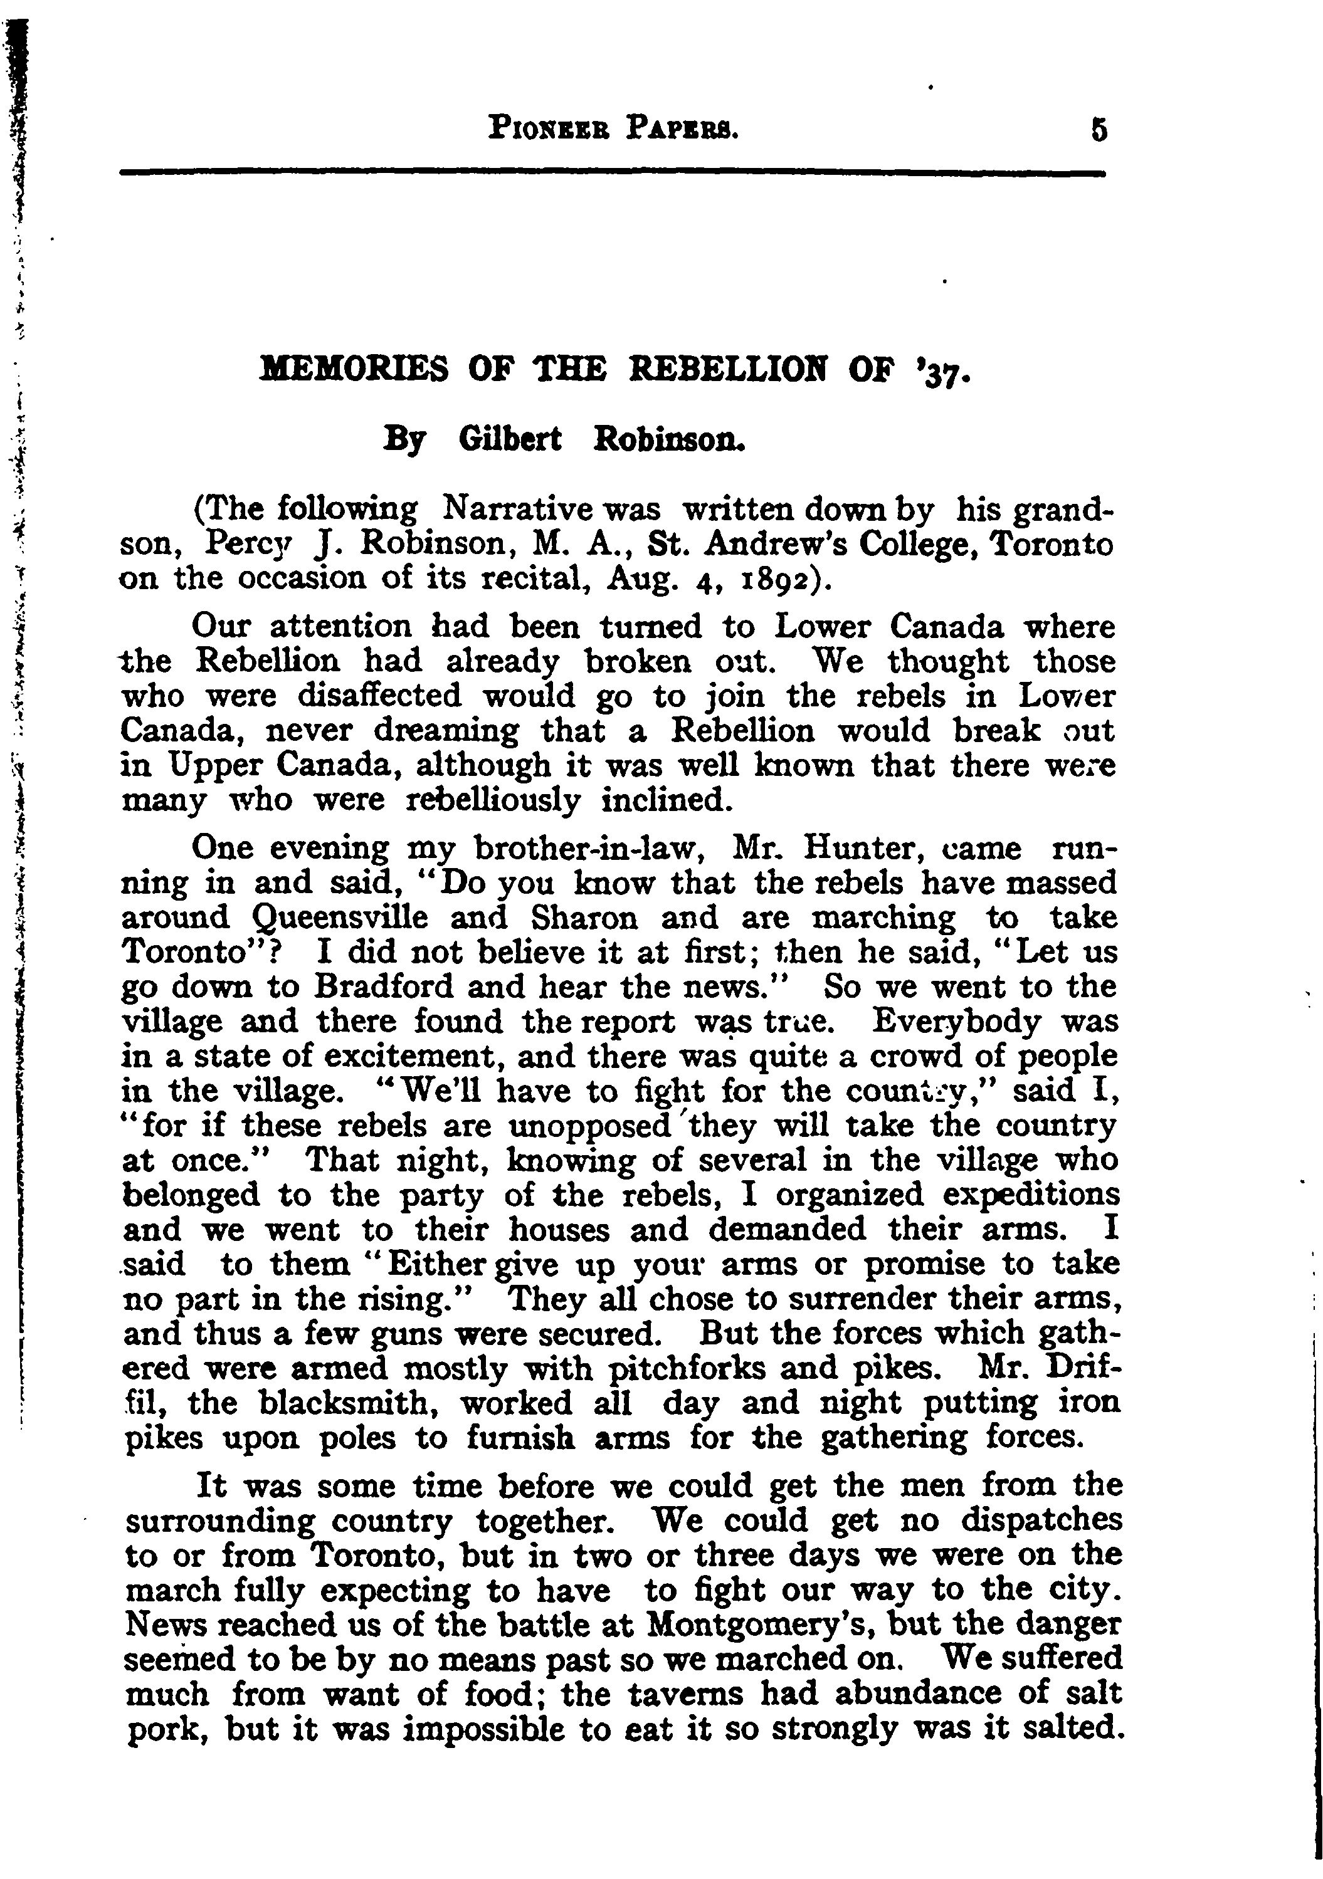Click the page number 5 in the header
click(x=1097, y=131)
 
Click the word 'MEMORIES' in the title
click(x=354, y=372)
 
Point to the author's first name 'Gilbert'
click(x=510, y=440)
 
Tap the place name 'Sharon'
click(x=584, y=918)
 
